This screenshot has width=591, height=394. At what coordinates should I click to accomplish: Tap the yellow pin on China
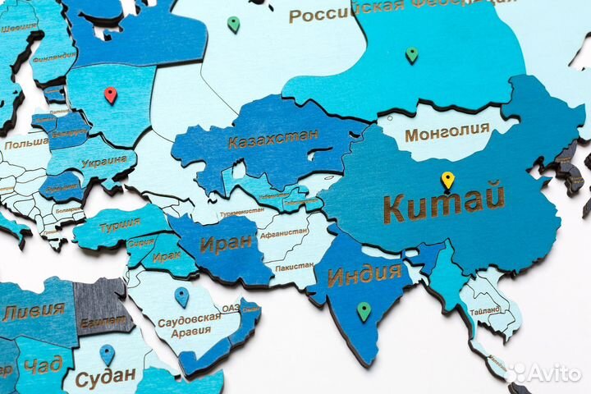point(447,180)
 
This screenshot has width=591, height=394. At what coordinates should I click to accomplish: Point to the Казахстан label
point(273,139)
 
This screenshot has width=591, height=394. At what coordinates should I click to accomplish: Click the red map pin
point(110,95)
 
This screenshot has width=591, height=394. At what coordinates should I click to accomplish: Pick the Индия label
point(364,274)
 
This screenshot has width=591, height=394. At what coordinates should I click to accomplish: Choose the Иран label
point(226,243)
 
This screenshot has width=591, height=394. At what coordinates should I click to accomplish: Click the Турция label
point(120,224)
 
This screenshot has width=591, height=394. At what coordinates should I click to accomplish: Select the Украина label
point(105,161)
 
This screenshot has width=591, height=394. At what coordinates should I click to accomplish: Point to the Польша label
point(25,144)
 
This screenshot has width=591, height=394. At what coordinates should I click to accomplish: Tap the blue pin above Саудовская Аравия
point(181,296)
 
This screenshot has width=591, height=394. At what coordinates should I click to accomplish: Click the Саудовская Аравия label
point(189,323)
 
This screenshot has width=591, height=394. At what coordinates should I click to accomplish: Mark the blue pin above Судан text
point(107,355)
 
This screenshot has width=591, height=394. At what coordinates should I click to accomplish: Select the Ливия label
point(34,311)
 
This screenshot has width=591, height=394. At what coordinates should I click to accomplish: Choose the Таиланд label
point(485,313)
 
